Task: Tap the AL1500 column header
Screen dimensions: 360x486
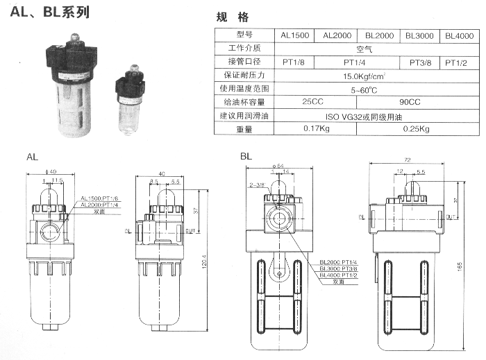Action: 295,35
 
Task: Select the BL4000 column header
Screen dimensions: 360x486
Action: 458,35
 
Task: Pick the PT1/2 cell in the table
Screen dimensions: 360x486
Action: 458,62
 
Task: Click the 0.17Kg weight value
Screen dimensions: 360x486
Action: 316,128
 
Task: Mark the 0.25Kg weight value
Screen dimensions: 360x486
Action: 416,128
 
